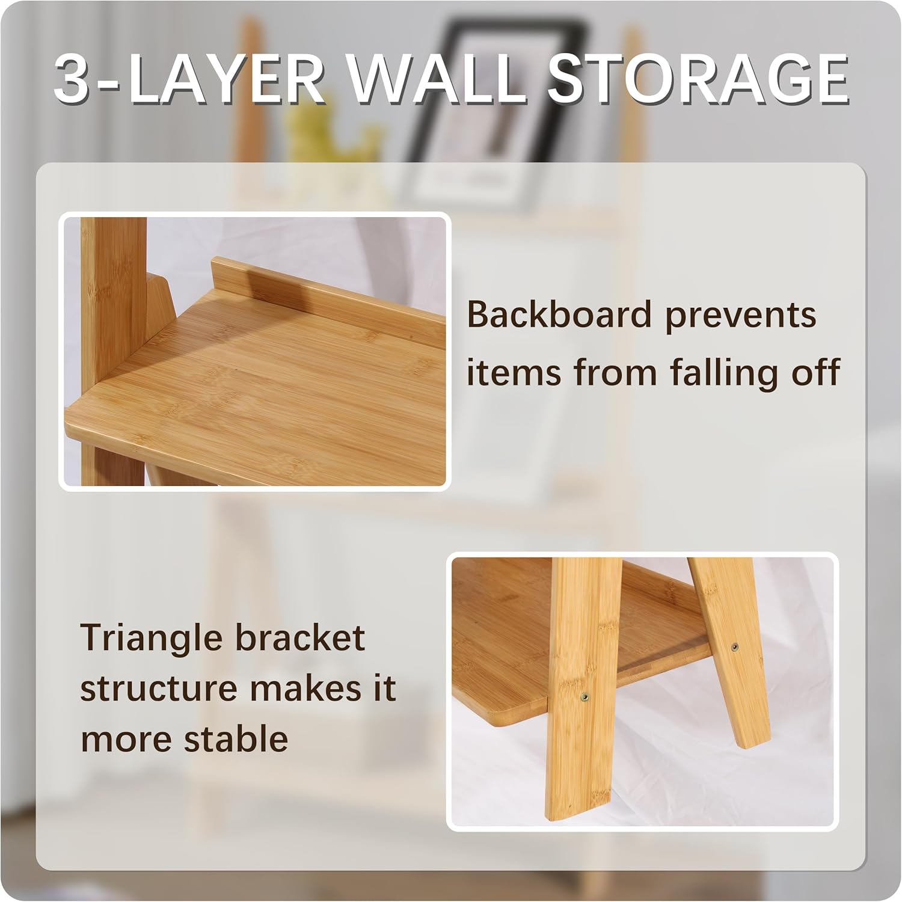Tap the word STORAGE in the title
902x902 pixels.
(x=698, y=79)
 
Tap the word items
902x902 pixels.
(x=514, y=372)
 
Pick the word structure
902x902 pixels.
(x=158, y=689)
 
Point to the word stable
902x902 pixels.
(x=236, y=738)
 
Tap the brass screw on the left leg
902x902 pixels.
(x=584, y=697)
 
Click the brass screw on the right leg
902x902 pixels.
(x=734, y=647)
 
